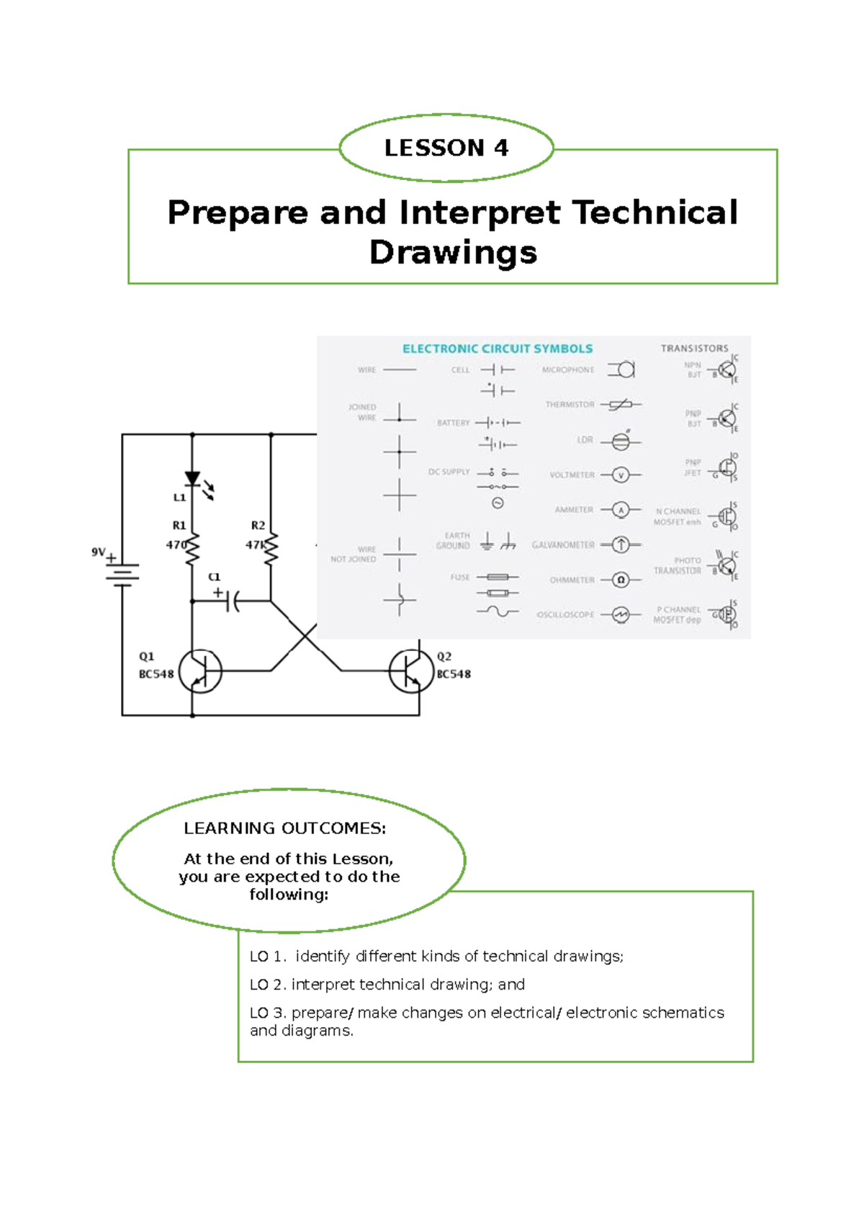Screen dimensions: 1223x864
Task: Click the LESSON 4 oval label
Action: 446,148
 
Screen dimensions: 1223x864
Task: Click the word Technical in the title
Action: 655,212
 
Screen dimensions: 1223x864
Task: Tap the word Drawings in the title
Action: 453,253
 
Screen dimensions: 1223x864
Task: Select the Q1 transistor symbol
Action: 200,671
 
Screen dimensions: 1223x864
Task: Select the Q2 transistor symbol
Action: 410,671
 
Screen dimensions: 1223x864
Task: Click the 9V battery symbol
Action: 122,573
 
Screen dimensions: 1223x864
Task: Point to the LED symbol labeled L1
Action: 193,479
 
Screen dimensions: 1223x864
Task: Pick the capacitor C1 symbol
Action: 232,600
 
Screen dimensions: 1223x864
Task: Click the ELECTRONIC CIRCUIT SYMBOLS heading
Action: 498,349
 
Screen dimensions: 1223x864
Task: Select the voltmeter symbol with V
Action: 621,475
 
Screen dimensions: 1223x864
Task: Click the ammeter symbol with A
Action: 621,510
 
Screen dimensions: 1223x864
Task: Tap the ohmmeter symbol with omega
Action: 621,580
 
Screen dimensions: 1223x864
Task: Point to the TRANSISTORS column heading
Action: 694,348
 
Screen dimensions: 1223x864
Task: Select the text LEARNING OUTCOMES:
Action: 285,828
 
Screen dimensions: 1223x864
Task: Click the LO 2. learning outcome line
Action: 387,985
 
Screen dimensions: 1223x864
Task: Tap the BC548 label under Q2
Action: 454,674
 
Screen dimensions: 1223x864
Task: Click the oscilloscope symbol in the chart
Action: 621,614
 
